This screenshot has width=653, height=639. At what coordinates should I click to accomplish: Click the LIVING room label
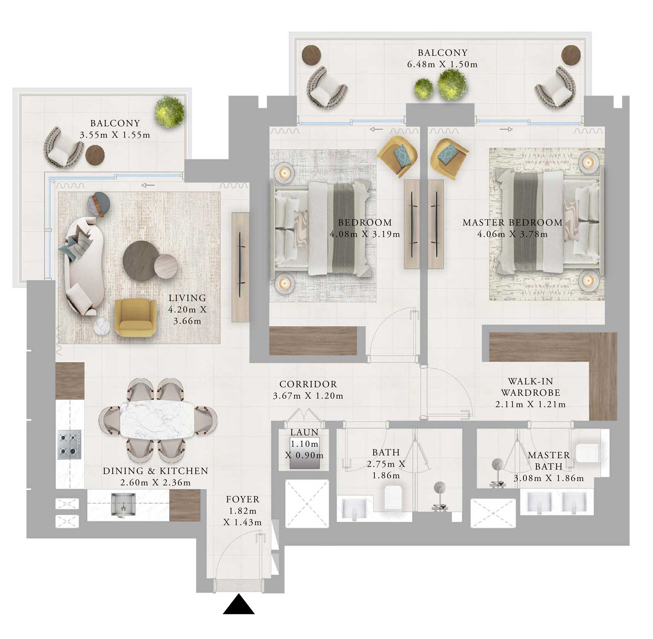tap(187, 298)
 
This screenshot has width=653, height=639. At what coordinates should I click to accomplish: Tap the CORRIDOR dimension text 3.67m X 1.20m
tap(308, 396)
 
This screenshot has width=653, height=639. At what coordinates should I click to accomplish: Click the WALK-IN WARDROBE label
tap(530, 387)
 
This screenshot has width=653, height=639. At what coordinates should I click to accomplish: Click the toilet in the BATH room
tap(394, 498)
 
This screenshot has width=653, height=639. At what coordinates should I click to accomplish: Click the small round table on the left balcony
tap(95, 155)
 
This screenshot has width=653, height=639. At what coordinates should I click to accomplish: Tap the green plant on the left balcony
tap(169, 110)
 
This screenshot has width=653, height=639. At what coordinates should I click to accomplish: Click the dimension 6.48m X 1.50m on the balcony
tap(442, 64)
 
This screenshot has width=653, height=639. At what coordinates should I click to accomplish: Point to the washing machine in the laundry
tap(304, 453)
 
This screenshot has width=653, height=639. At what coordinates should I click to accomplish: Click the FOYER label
tap(242, 499)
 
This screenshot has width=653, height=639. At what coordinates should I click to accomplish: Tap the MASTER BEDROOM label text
tap(512, 222)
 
